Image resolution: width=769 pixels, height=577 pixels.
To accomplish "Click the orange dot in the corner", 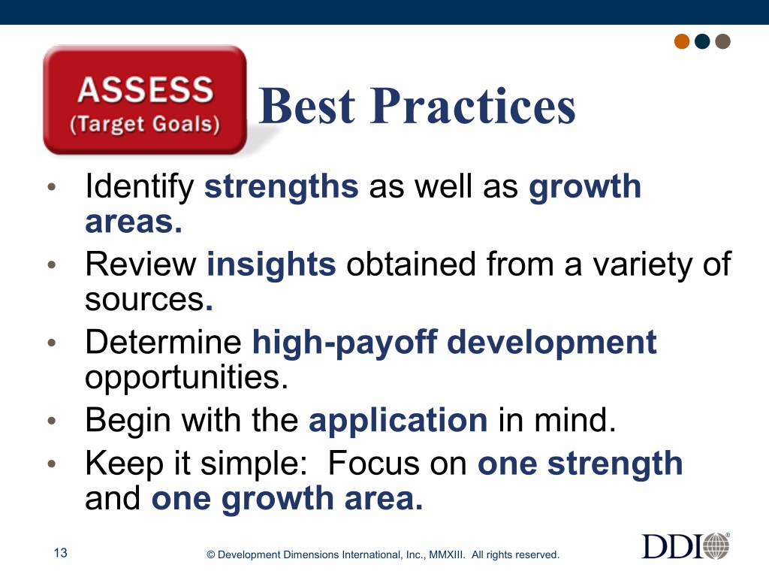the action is tap(682, 41).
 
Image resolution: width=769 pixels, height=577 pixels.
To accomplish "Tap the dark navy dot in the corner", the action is tap(702, 41).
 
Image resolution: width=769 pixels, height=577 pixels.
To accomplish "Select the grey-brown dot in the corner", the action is tap(723, 41).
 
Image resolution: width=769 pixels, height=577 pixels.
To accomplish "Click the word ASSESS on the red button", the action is tap(146, 90).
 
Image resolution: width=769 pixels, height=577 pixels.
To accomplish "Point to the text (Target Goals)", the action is tap(145, 124).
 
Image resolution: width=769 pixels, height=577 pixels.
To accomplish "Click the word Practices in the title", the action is tap(473, 106).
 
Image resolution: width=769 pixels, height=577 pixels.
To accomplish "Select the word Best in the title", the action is tap(306, 106).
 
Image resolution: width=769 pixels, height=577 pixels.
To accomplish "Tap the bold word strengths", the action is tap(282, 187).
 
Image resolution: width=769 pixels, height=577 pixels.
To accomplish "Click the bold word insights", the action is tap(271, 264).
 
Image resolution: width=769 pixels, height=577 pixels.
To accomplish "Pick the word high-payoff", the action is tap(344, 343).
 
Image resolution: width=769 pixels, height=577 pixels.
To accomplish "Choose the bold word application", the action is tap(398, 421).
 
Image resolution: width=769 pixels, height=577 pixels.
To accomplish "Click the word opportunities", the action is tap(186, 378).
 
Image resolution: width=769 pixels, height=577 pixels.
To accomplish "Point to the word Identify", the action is tap(140, 187).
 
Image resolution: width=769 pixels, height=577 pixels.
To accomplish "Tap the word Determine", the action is tap(163, 342).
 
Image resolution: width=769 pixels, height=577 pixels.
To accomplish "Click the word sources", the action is tap(145, 300).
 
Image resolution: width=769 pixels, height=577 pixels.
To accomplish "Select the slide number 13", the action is tap(60, 553).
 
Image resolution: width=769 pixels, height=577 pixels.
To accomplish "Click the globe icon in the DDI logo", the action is tap(716, 546).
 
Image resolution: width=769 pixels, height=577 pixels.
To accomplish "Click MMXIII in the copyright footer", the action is tap(446, 555).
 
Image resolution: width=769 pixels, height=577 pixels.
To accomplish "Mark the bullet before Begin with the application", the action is tap(52, 421).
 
